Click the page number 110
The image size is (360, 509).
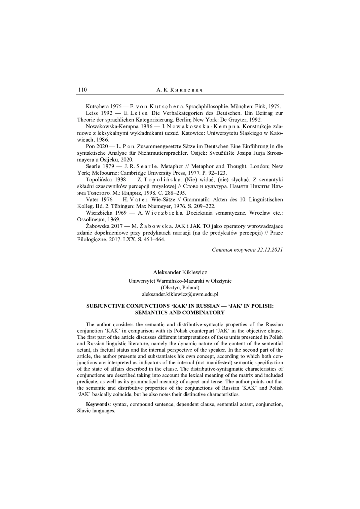(82, 90)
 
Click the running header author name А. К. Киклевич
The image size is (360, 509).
(180, 90)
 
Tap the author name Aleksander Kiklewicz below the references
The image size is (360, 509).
(180, 272)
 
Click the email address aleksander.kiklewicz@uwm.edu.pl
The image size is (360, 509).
(180, 294)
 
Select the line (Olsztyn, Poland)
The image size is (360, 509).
(180, 288)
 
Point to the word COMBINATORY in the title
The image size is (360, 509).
(204, 313)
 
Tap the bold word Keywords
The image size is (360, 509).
(97, 404)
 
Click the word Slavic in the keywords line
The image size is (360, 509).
(84, 411)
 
